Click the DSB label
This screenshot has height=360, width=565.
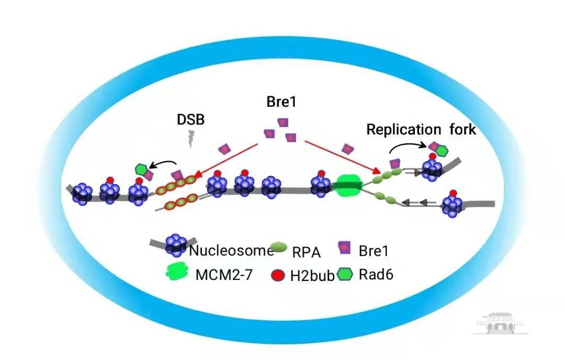190,119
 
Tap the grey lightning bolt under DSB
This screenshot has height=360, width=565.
190,139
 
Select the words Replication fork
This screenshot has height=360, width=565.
421,129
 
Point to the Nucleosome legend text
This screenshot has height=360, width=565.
232,250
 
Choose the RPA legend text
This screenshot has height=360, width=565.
307,253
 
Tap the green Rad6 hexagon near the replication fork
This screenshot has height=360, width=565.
442,151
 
